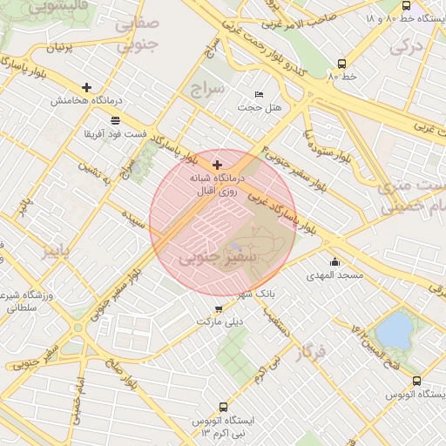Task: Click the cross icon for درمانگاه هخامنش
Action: (x=86, y=87)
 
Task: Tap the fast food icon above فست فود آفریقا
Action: (x=116, y=119)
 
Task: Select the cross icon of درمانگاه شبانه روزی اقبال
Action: (x=217, y=164)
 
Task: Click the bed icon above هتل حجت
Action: (x=259, y=94)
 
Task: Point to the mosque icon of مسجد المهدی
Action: (x=334, y=261)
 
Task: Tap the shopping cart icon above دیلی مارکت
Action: (x=217, y=308)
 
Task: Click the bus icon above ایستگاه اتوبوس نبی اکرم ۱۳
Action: (x=223, y=407)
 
